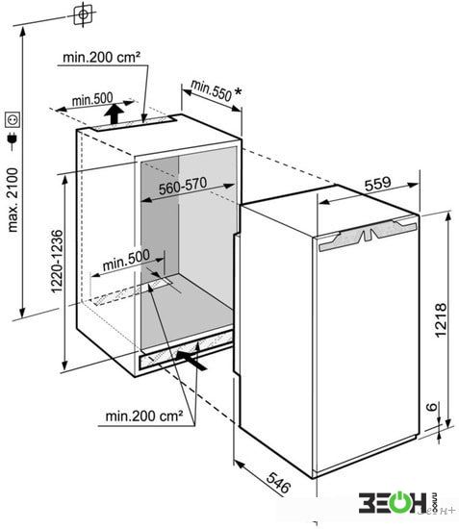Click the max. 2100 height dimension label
13,200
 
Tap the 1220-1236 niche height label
57,261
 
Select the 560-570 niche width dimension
183,186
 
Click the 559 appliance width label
377,184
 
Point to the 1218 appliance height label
441,320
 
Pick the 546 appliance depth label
278,482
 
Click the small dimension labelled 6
432,407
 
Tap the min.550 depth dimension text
212,90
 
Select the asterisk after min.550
239,91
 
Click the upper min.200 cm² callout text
101,57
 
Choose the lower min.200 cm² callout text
144,416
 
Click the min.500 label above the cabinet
92,99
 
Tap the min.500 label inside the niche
126,260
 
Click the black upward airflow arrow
114,113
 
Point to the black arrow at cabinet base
191,360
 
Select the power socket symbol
13,120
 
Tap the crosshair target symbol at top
83,14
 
